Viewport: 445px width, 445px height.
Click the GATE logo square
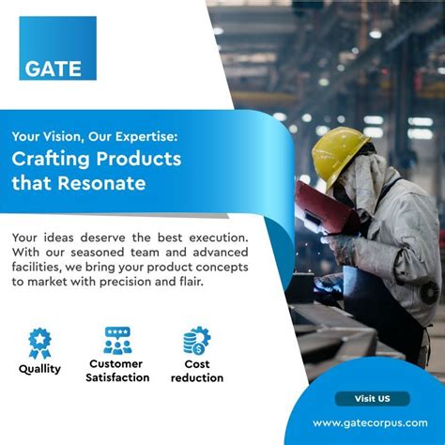coord(57,48)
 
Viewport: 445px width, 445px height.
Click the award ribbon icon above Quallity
coord(39,341)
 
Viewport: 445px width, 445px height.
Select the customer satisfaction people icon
coord(117,340)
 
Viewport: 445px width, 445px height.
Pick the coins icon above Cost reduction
coord(197,341)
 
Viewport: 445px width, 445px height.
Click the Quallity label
coord(39,368)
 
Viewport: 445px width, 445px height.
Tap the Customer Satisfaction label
coord(117,370)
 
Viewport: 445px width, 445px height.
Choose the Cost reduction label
coord(197,370)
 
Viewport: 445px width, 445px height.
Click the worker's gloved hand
coord(342,249)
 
